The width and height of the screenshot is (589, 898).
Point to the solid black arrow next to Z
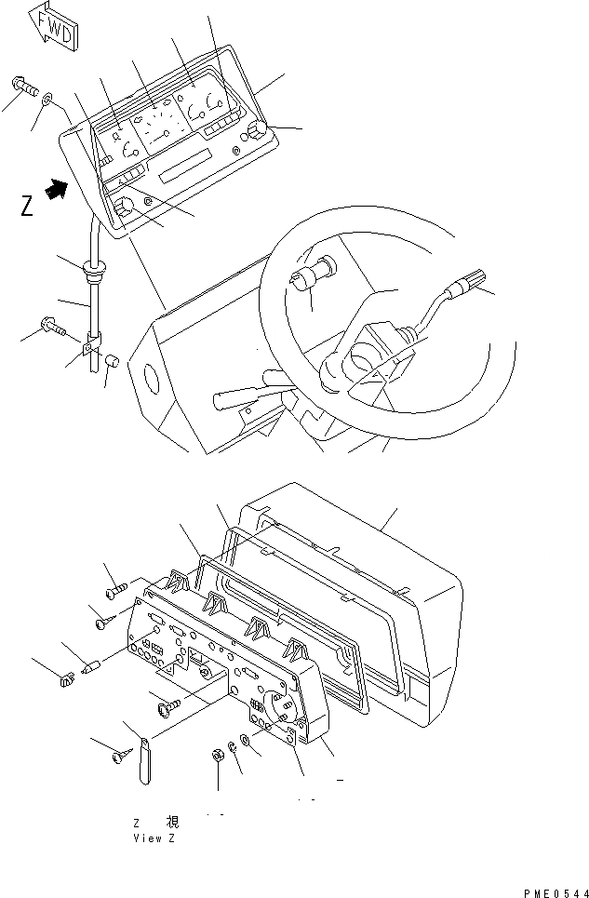tap(58, 191)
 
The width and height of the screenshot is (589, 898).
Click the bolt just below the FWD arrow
tap(25, 87)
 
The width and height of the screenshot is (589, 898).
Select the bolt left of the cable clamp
tap(49, 326)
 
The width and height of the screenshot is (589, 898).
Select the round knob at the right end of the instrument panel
tap(259, 131)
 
